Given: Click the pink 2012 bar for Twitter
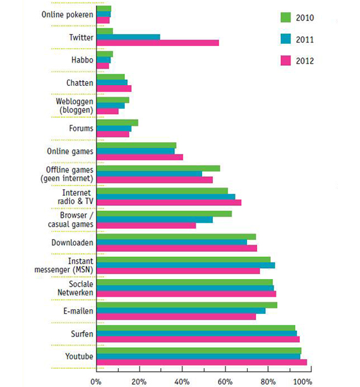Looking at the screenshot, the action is point(158,43).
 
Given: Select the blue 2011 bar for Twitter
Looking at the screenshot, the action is point(128,37).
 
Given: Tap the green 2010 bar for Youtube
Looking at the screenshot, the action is point(199,351).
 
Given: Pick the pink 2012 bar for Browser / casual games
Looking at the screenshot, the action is point(147,225).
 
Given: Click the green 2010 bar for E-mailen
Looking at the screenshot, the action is point(187,305).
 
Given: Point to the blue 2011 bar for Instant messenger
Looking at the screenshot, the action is point(186,265).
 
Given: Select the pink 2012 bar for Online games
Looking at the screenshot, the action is point(140,157).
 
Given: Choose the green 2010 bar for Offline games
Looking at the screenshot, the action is point(159,169).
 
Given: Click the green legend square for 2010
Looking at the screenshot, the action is point(285,17).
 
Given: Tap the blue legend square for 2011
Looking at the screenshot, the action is point(285,39).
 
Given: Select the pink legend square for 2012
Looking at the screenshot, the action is point(285,61).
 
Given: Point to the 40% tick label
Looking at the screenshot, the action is point(182,382).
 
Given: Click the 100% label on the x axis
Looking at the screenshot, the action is point(303,382).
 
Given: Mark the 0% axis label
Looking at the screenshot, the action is point(96,382).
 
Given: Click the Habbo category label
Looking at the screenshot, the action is point(82,60).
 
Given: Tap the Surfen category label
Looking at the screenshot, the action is point(82,334).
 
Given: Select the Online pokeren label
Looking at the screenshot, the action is point(67,15).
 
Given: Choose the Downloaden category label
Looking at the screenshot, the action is point(73,242).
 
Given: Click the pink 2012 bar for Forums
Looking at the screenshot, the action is point(113,134).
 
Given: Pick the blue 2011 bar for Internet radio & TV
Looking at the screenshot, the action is point(166,197).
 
